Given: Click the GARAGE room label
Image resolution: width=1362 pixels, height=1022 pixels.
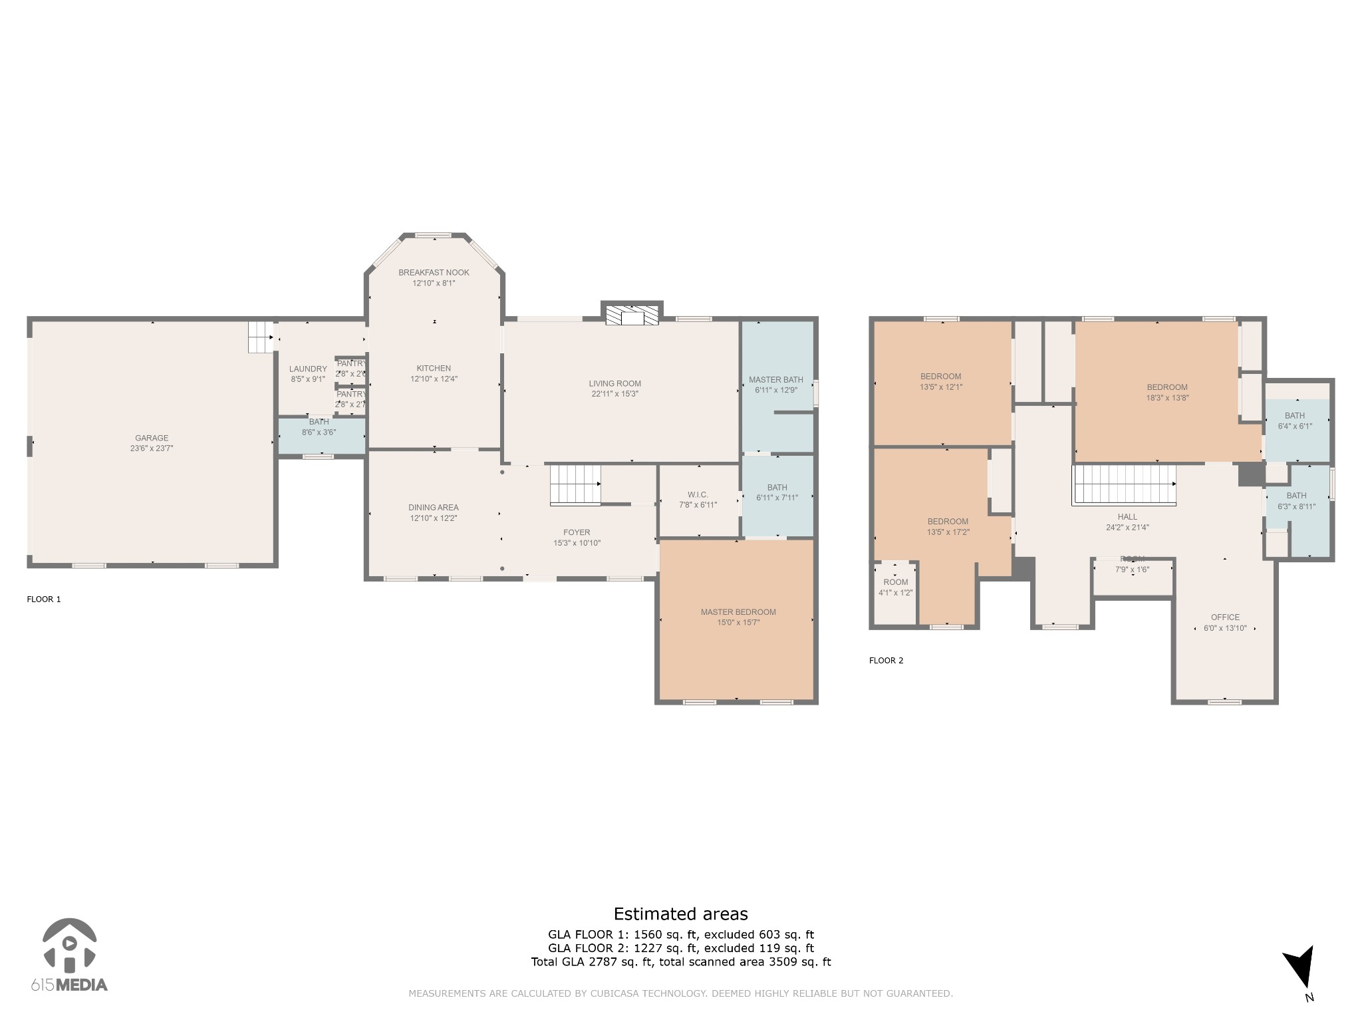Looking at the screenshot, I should [152, 438].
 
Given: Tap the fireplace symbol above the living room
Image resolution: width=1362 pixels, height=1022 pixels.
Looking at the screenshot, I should [632, 315].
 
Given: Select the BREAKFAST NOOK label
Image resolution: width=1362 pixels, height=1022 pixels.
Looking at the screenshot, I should [434, 272].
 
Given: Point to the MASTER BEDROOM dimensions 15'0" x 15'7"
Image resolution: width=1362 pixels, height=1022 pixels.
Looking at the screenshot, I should [738, 623].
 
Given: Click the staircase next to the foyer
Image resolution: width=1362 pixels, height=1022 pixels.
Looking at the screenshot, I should [575, 485].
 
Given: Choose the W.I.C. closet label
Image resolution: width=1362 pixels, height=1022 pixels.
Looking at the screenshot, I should [698, 494].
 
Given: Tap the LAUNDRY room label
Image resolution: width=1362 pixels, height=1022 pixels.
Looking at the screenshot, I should [308, 369].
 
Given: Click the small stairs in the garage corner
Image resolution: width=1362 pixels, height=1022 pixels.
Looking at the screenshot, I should [261, 337].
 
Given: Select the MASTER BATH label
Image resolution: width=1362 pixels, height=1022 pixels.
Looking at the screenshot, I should [775, 380].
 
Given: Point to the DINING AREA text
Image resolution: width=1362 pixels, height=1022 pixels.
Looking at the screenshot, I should [434, 508].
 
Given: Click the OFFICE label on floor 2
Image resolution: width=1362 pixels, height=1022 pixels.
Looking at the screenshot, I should [1225, 617].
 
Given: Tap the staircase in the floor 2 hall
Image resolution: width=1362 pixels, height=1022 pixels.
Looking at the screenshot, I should [1124, 484].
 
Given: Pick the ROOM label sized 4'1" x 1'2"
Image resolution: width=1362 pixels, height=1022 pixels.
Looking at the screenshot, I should [896, 587].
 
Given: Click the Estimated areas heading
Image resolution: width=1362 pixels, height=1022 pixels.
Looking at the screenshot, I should [680, 914].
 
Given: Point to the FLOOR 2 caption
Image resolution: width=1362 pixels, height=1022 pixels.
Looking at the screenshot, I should [886, 661].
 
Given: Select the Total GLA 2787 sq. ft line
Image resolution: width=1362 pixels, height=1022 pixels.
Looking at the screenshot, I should [680, 961].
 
